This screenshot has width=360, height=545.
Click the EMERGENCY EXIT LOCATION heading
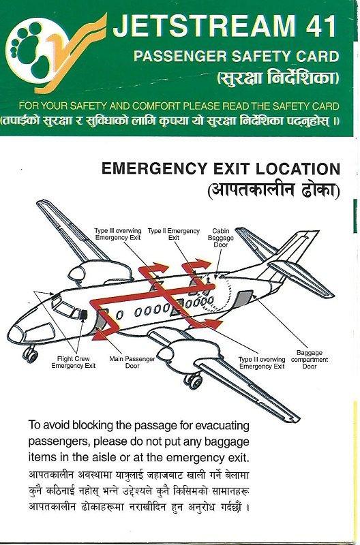(220, 169)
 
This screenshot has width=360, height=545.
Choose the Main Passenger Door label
(132, 362)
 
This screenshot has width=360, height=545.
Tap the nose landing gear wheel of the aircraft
(29, 353)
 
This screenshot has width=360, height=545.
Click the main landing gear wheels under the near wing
(193, 379)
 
